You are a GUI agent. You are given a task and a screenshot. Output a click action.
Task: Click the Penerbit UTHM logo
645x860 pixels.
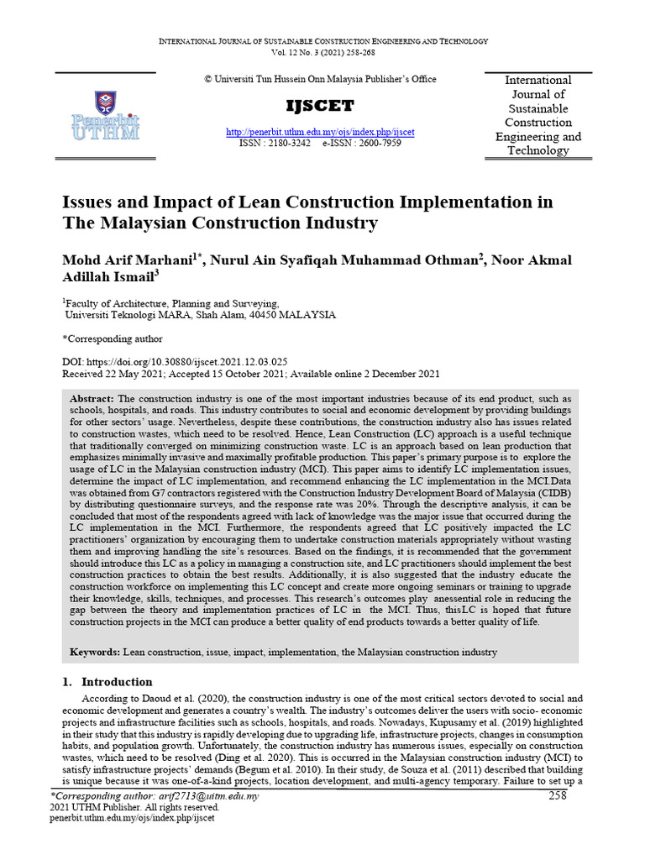pos(105,118)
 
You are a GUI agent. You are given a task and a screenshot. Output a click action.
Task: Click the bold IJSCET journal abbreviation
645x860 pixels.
pos(320,106)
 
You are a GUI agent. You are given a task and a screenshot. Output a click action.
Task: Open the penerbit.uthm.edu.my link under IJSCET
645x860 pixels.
pos(320,132)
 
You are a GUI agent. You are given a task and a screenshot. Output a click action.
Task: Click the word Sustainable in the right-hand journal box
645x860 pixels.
pos(537,108)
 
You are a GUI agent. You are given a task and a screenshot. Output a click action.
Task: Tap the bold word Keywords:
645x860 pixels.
pos(96,652)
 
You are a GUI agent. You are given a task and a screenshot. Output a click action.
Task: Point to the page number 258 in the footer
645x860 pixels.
pos(558,795)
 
